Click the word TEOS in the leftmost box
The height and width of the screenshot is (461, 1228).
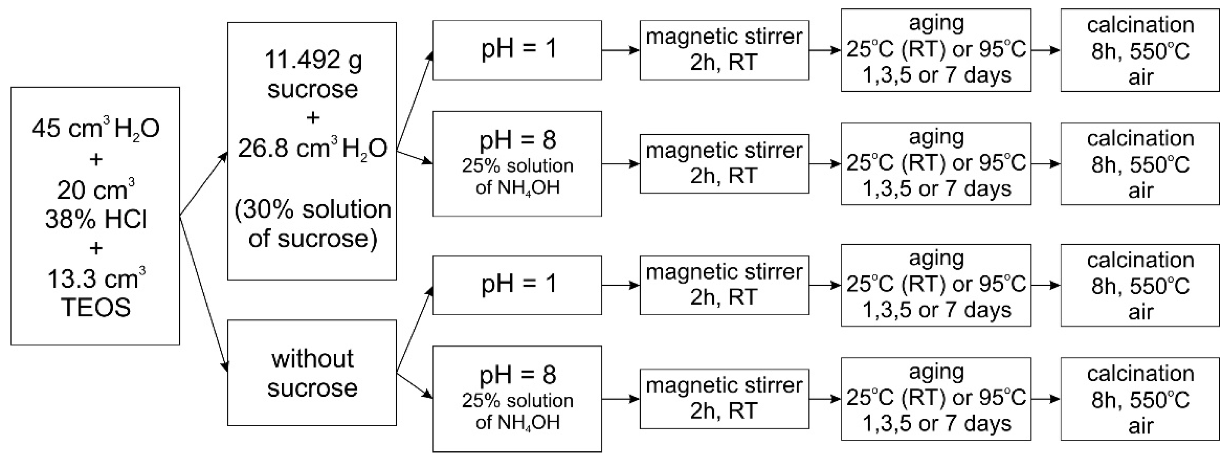click(x=95, y=308)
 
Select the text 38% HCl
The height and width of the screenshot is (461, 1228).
click(x=96, y=220)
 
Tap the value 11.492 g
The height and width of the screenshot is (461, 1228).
click(x=313, y=60)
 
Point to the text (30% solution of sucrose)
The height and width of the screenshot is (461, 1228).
click(x=313, y=224)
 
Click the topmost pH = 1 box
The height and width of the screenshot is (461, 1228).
click(x=517, y=50)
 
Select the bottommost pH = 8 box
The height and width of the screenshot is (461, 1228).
click(x=517, y=398)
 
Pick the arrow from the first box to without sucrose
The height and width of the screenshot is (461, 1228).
click(x=204, y=294)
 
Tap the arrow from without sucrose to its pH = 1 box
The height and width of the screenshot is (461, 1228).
click(x=414, y=329)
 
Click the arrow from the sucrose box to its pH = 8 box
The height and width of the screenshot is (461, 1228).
click(x=414, y=157)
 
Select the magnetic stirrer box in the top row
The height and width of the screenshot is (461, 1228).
click(x=724, y=50)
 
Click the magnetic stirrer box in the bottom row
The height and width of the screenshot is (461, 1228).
click(x=724, y=398)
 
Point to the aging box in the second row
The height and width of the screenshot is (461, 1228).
click(x=935, y=164)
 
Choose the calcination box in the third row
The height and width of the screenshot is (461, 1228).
click(x=1140, y=285)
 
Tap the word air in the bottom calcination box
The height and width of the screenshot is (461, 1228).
click(x=1140, y=426)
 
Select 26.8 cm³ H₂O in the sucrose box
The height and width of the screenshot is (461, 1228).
click(x=313, y=149)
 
